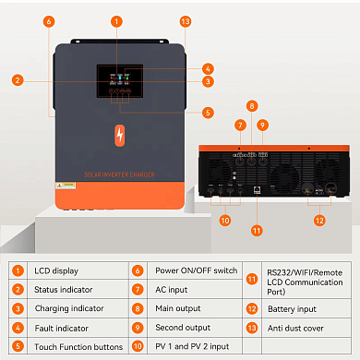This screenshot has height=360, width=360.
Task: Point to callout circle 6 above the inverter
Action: (x=48, y=20)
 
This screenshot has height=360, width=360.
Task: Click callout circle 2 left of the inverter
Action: (x=18, y=80)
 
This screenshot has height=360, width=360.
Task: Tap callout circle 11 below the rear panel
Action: (x=257, y=229)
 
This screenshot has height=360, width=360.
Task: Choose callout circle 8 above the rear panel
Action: (x=251, y=105)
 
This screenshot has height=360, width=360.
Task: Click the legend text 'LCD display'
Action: (x=54, y=270)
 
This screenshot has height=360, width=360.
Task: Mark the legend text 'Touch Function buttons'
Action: (x=78, y=347)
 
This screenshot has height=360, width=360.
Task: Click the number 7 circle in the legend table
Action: (x=138, y=289)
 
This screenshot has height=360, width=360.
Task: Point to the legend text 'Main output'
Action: (x=178, y=308)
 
